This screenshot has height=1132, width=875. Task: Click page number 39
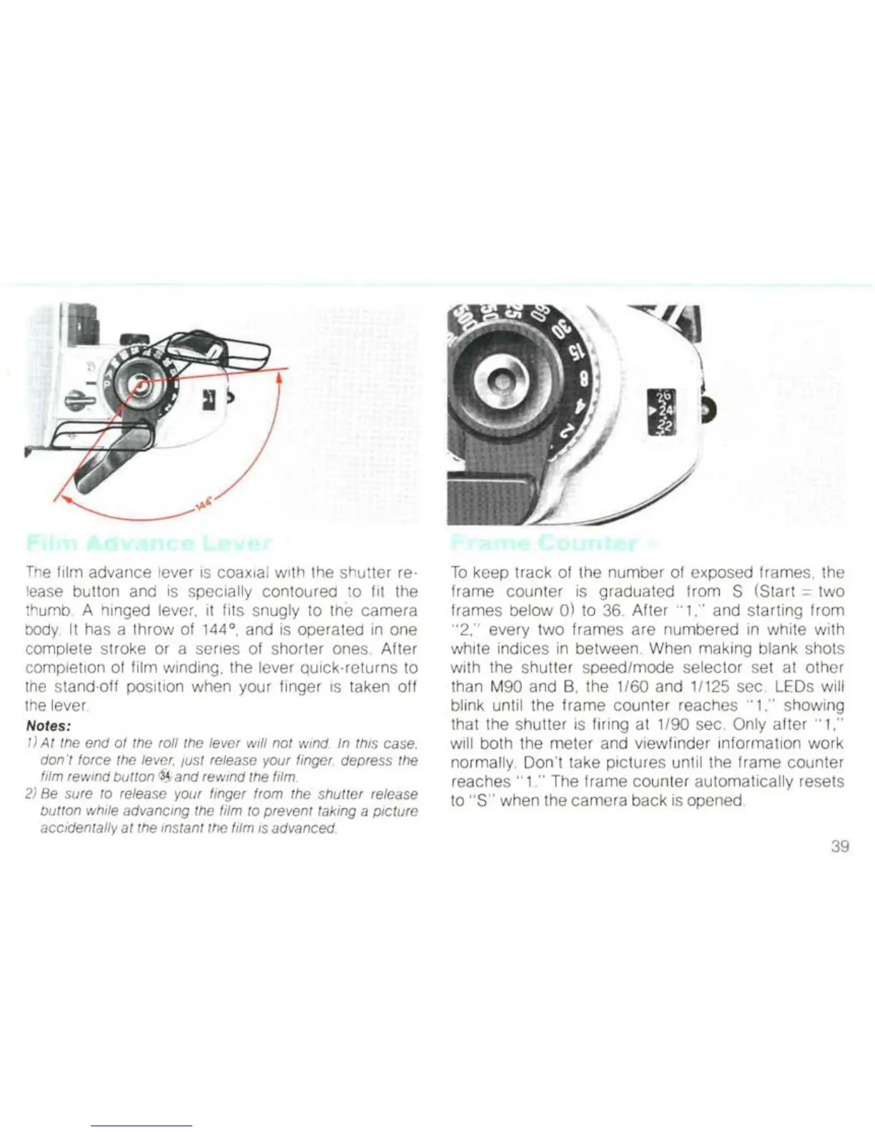(840, 847)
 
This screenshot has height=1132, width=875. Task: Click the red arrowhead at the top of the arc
(280, 379)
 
